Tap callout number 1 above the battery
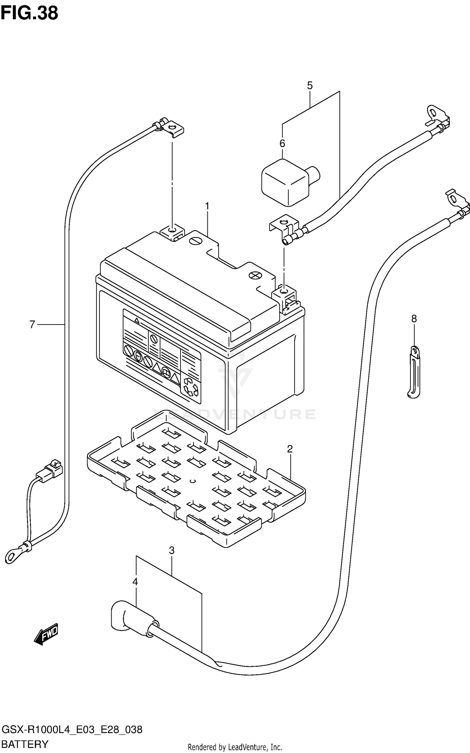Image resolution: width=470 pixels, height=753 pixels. (x=207, y=206)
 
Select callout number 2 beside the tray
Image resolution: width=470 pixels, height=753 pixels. (x=290, y=449)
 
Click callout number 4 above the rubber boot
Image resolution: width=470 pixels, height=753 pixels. (x=135, y=582)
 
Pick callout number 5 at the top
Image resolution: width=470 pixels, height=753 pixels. (x=310, y=85)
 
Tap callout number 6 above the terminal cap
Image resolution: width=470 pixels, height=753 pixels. (x=282, y=143)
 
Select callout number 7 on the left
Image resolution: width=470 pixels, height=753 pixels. (x=32, y=324)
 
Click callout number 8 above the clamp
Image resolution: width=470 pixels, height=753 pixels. (x=414, y=319)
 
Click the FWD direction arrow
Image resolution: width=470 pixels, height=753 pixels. (x=46, y=633)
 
